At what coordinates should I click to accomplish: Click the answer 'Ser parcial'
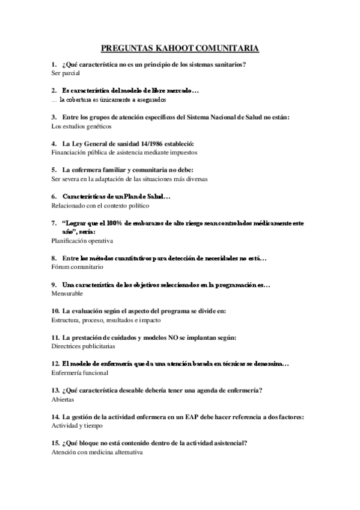66,73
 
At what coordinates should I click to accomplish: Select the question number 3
54,117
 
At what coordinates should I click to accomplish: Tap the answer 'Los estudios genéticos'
82,126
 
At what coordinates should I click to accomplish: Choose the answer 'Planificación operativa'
83,241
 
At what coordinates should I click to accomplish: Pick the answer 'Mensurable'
67,293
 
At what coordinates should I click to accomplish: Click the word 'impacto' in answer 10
162,320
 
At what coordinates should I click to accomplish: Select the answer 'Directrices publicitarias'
84,346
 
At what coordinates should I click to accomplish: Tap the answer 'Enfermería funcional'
80,373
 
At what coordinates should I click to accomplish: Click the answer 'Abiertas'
63,399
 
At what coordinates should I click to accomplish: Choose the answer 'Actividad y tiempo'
77,426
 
